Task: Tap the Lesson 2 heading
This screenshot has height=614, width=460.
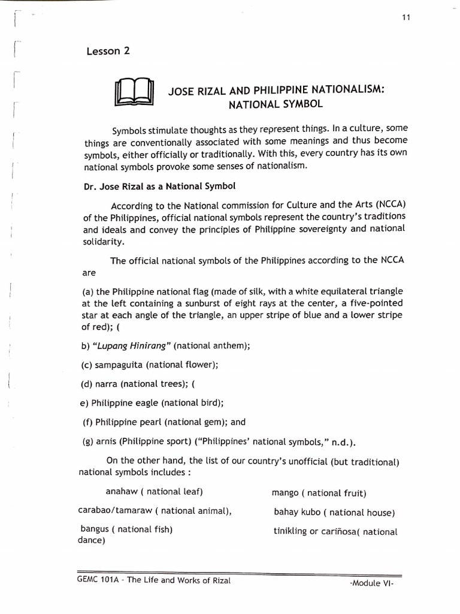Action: [108, 51]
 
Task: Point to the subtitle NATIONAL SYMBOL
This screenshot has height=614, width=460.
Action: [276, 104]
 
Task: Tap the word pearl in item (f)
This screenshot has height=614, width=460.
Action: [155, 422]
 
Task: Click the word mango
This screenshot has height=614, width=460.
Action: [285, 493]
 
